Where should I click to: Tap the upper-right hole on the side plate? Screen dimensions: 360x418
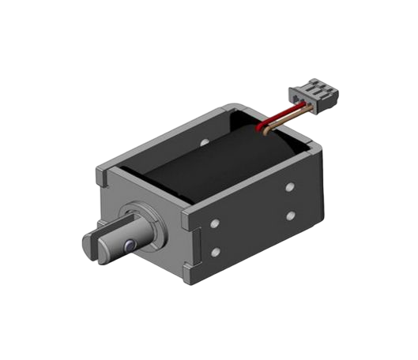[290, 187]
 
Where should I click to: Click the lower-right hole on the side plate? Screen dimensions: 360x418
[290, 216]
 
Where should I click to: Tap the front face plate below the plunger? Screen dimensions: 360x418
[162, 257]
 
